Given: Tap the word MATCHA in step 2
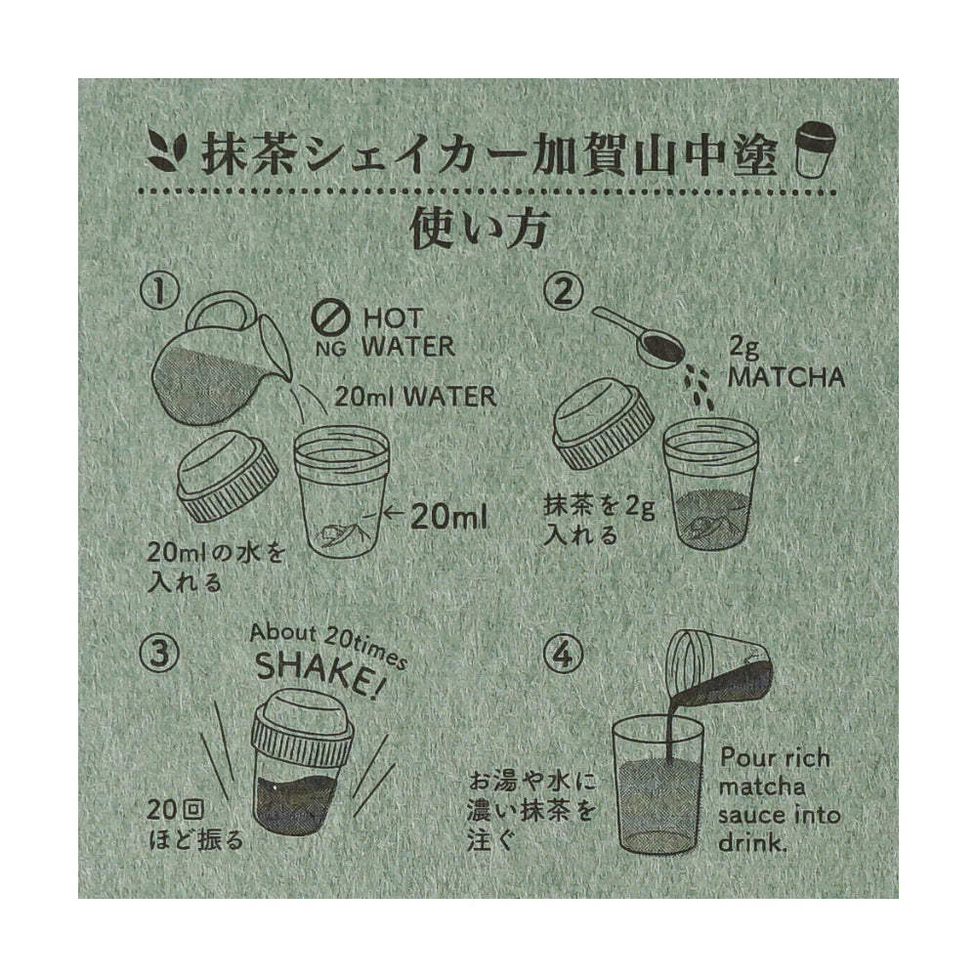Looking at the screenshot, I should pos(786,375).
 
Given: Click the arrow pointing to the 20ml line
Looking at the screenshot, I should pos(392,515).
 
